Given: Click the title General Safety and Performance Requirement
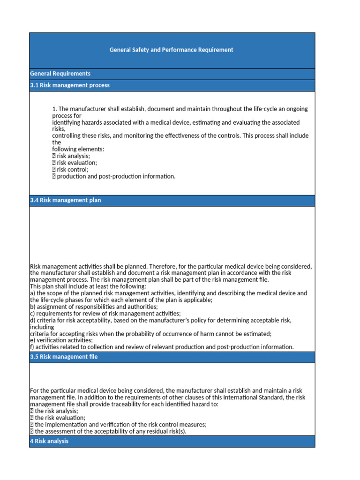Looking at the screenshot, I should point(171,50).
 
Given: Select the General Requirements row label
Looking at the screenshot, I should point(60,74).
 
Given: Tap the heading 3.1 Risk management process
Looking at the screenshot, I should point(69,85).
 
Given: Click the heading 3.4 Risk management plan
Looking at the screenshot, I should point(65,200).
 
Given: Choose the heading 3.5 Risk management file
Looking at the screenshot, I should point(63,357).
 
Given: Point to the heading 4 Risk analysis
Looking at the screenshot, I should point(49,441).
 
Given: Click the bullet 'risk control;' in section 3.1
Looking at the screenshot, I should point(72,170).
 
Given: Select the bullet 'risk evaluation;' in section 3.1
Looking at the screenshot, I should point(76,163).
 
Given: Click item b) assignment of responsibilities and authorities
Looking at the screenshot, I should point(93,307).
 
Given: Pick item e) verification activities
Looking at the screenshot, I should point(61,340).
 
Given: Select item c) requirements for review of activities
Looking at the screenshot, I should point(105,313).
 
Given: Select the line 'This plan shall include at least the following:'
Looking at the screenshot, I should point(88,286).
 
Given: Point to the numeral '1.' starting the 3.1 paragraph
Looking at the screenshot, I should point(54,109).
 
